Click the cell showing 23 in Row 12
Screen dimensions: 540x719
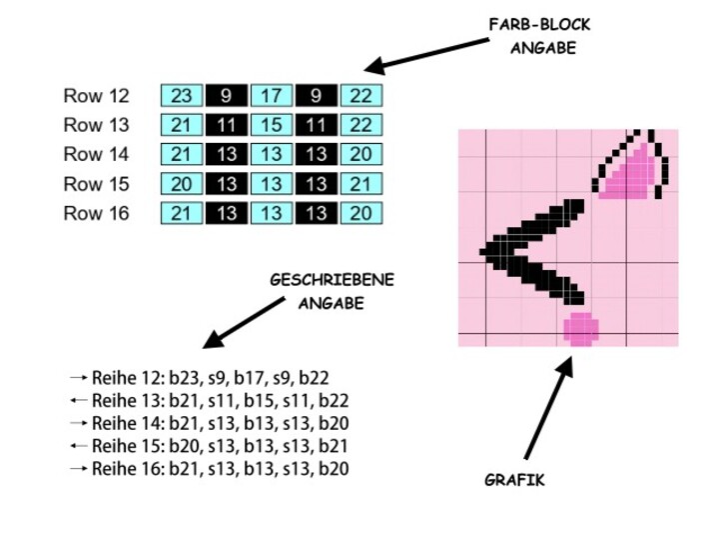pos(182,96)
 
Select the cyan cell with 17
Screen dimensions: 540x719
pos(272,96)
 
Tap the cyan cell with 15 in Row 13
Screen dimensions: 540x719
pos(272,125)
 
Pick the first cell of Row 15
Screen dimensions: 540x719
pos(182,184)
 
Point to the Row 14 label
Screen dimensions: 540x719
pos(97,155)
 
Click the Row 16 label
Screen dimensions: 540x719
pos(97,213)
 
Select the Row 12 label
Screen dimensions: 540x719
pos(97,97)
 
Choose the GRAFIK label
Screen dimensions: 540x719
pos(514,480)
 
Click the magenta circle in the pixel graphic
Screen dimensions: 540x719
pos(580,327)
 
